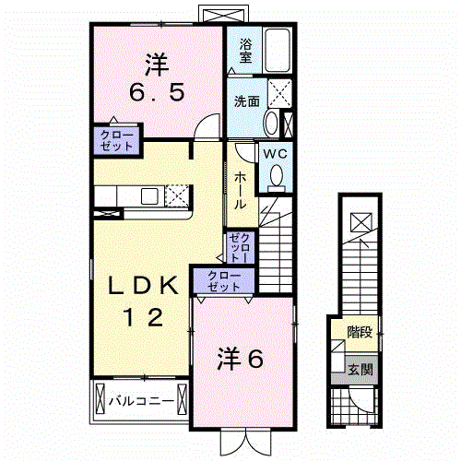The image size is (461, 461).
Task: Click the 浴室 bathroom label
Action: tap(246, 50)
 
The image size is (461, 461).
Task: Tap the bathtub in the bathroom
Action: tap(279, 50)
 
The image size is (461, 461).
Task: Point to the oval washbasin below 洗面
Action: tap(271, 124)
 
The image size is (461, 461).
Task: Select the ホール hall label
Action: tap(240, 187)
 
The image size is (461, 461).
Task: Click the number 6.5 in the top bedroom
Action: tap(157, 91)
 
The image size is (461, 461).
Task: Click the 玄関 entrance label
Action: tap(359, 370)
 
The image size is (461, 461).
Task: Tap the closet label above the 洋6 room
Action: tap(220, 281)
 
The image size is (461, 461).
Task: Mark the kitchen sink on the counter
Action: tap(148, 195)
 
